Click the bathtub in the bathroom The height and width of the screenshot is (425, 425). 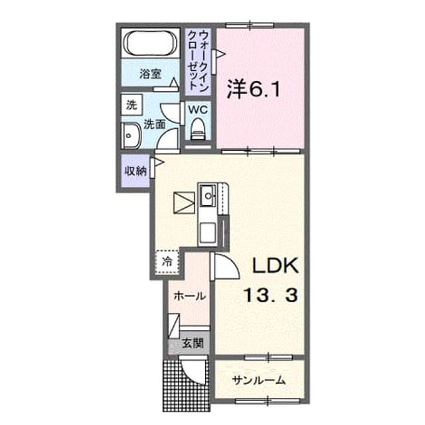pos(151,43)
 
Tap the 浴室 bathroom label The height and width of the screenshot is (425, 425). pos(151,74)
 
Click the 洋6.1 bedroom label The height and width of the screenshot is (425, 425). pos(254,89)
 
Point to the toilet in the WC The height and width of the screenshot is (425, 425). pos(198,129)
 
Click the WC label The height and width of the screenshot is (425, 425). pos(198,110)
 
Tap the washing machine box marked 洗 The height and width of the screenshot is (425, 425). pos(131,105)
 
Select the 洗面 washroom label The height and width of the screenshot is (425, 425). pos(155,124)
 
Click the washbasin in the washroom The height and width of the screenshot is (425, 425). pos(131,135)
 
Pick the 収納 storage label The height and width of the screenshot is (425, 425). pos(135,171)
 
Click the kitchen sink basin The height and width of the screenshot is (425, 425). pos(208,195)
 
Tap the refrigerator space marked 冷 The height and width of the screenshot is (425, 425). pos(167,262)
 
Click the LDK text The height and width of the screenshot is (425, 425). pos(276,266)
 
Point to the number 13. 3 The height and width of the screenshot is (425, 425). pos(272,295)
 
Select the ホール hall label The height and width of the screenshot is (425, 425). pos(189,296)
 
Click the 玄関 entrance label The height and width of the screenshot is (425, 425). pos(193,344)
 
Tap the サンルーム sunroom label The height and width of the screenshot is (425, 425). pos(259,381)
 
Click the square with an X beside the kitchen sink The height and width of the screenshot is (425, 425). pos(185,203)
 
